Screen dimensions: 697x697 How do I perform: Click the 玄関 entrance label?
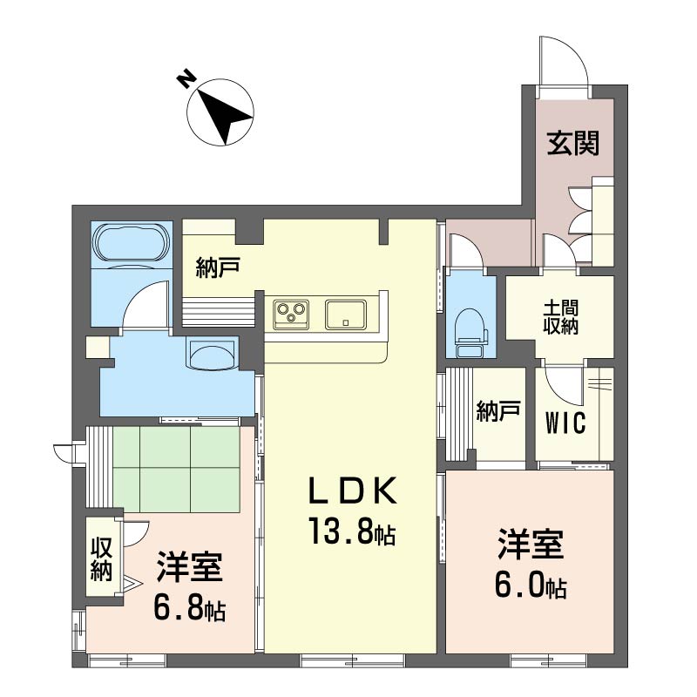tap(573, 143)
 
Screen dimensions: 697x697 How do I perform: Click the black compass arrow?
tap(225, 117)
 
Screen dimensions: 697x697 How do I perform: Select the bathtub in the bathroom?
tap(132, 243)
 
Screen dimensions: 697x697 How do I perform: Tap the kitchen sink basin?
tap(346, 315)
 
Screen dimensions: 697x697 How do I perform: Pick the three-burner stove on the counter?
tap(291, 314)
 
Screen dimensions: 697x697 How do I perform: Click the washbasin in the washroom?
tap(212, 354)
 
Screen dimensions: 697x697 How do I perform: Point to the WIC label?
tap(565, 423)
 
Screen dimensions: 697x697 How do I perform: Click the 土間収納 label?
tap(560, 317)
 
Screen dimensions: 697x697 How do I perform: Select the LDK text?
tap(352, 490)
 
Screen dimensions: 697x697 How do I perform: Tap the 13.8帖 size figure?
tap(352, 531)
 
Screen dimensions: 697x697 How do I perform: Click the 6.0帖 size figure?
tap(531, 585)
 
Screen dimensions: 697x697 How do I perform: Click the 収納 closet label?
tap(101, 558)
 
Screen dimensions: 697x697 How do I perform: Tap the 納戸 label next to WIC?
tap(497, 410)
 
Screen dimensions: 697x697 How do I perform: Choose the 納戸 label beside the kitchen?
tap(218, 267)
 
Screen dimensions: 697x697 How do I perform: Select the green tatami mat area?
tap(177, 469)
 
